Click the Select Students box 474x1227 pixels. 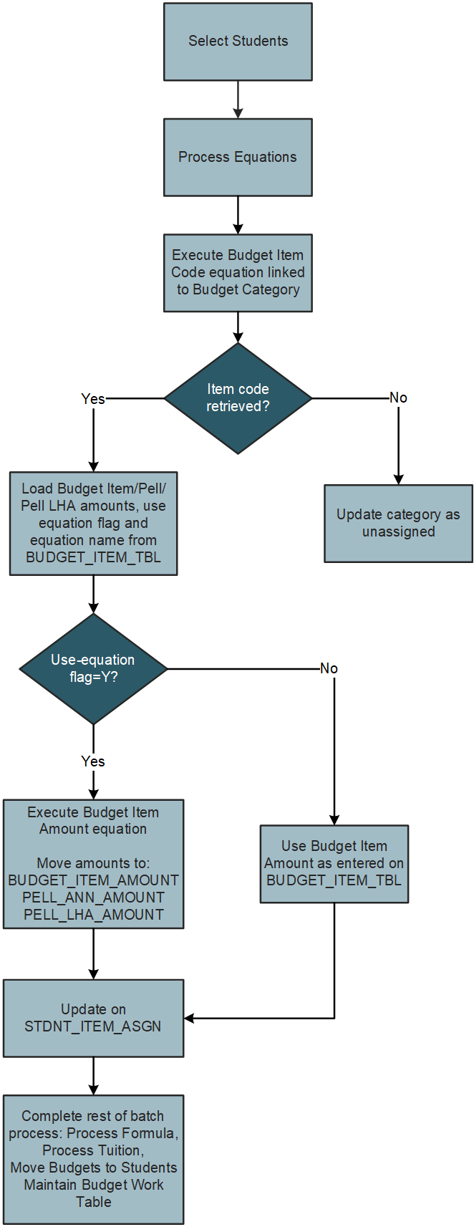[238, 42]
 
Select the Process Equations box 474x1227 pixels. [238, 157]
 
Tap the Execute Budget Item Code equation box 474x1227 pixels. [238, 273]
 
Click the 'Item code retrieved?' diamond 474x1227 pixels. [238, 398]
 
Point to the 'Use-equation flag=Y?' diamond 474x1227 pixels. [93, 669]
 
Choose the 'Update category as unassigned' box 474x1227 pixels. [398, 523]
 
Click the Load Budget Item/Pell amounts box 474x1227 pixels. [93, 523]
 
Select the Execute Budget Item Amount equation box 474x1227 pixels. [93, 864]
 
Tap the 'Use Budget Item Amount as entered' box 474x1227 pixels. [334, 863]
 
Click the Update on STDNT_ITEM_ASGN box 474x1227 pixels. [93, 1018]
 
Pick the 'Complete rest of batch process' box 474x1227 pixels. [93, 1159]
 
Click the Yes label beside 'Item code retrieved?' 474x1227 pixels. [93, 399]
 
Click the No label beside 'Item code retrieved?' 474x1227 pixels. [398, 398]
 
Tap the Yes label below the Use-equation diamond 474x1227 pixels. [93, 761]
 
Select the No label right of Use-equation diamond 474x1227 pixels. [329, 668]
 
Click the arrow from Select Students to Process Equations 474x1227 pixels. [238, 100]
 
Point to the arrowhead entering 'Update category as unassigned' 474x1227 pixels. [398, 479]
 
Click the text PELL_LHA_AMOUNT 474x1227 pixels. [93, 915]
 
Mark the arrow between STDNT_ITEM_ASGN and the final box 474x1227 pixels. [93, 1076]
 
